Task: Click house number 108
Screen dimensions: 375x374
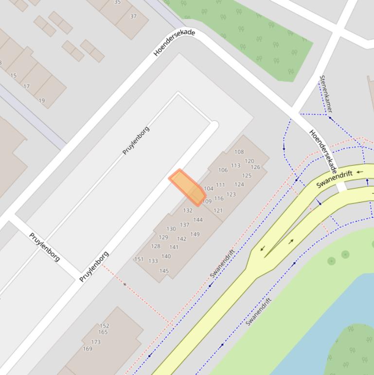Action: [x=239, y=152]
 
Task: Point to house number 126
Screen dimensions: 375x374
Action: [x=255, y=167]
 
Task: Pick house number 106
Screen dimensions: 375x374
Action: [x=223, y=170]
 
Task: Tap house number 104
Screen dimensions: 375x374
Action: [x=209, y=188]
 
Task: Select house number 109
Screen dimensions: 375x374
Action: [x=207, y=201]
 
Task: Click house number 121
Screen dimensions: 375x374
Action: [x=218, y=210]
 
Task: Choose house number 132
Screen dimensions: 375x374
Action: [x=188, y=210]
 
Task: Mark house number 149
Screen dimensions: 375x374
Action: [x=195, y=234]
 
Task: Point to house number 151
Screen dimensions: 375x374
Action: [x=139, y=259]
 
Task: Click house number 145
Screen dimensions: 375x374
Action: [x=164, y=271]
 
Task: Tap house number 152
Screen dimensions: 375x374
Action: [x=104, y=326]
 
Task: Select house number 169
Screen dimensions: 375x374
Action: [x=88, y=349]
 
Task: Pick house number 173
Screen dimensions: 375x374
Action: [x=96, y=342]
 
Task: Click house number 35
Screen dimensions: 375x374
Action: [x=117, y=2]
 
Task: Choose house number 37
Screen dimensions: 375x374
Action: [x=133, y=16]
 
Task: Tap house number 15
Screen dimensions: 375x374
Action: [x=13, y=75]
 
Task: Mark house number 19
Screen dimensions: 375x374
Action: [x=42, y=101]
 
